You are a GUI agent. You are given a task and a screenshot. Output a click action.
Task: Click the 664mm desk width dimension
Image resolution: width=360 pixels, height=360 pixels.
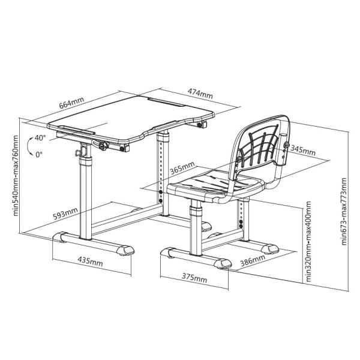pos(71,103)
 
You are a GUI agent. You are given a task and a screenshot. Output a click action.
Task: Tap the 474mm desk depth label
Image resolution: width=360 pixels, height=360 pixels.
pos(200,93)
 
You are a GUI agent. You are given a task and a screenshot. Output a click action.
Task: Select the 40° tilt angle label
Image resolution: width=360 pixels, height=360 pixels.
pos(40,138)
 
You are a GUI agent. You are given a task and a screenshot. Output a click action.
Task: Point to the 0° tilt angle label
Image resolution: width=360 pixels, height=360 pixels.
pos(39,155)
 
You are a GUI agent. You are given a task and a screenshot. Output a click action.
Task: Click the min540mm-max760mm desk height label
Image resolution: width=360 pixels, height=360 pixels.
pos(16,176)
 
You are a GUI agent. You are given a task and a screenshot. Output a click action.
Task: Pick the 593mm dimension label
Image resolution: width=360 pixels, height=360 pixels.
pos(65,214)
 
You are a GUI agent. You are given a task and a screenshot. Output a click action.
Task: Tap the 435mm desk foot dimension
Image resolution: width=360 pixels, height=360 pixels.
pos(90,261)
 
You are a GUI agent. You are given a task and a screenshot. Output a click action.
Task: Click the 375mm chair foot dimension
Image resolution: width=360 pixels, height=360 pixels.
pos(194,278)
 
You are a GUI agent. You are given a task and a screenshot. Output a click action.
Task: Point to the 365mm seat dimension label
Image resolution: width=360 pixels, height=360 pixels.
pos(182,168)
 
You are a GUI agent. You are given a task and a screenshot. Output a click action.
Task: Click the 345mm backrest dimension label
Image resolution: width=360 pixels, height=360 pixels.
pos(303,151)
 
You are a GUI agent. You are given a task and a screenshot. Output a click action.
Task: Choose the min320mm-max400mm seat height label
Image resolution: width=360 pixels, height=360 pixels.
pos(308,242)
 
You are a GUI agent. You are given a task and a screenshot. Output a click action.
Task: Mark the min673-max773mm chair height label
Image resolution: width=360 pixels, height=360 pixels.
pos(344,211)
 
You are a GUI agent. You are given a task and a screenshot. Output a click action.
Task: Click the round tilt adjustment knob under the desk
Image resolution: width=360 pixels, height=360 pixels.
pos(103,146)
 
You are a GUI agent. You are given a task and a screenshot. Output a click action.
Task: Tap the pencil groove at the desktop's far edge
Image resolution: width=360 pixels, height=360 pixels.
pos(166,102)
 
